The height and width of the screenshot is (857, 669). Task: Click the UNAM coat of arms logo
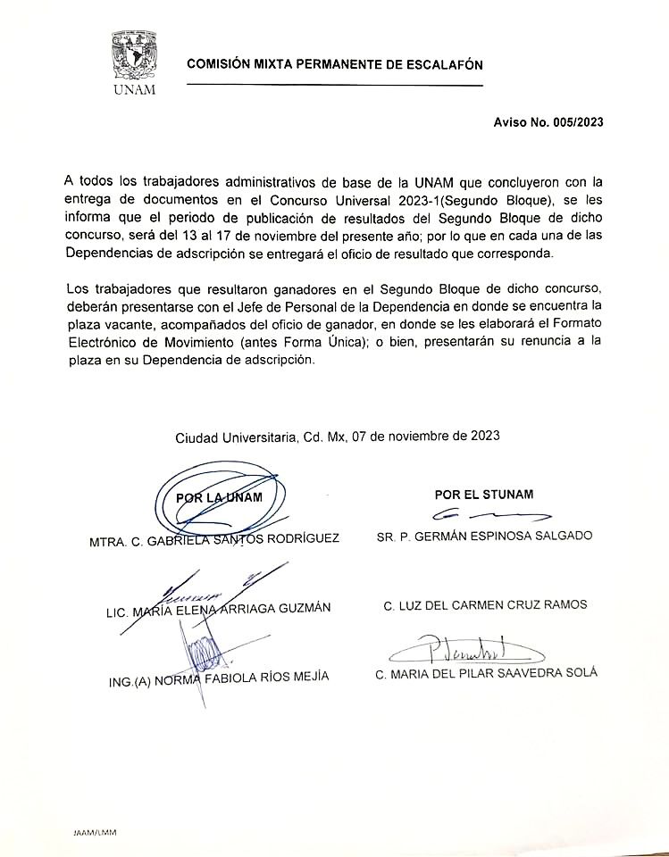pyautogui.click(x=134, y=56)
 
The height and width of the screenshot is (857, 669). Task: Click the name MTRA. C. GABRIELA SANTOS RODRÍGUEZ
pyautogui.click(x=214, y=540)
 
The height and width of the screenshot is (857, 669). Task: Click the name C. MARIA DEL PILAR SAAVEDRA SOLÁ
pyautogui.click(x=487, y=673)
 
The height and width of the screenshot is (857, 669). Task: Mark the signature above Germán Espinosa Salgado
pyautogui.click(x=490, y=515)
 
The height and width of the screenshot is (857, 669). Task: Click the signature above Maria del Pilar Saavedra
pyautogui.click(x=473, y=647)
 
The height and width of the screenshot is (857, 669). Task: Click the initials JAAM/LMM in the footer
pyautogui.click(x=95, y=832)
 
